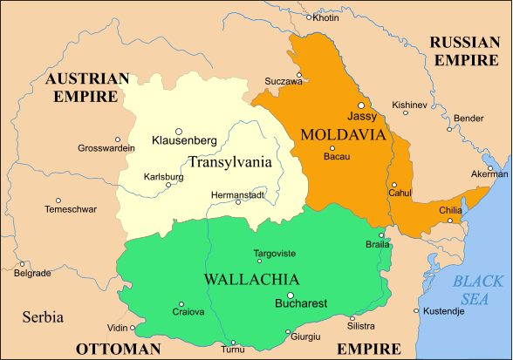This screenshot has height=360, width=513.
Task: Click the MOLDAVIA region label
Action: [342, 135]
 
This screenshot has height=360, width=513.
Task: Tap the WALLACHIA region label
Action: [251, 280]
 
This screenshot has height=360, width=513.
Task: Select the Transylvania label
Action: [229, 161]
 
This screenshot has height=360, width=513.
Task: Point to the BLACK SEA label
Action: [478, 290]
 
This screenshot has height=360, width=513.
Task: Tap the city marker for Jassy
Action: [360, 105]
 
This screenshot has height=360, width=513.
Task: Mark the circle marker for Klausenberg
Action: [179, 130]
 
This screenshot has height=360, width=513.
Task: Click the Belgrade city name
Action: [33, 273]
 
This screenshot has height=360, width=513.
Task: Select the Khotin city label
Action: [326, 17]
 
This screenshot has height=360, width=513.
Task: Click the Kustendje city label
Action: [445, 310]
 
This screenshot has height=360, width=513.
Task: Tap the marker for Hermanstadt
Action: [238, 202]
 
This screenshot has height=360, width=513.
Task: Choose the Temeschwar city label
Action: [72, 209]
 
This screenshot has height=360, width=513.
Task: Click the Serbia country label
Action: [43, 316]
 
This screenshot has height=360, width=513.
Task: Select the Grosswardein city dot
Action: [118, 139]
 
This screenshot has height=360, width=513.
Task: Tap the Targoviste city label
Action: [274, 253]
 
